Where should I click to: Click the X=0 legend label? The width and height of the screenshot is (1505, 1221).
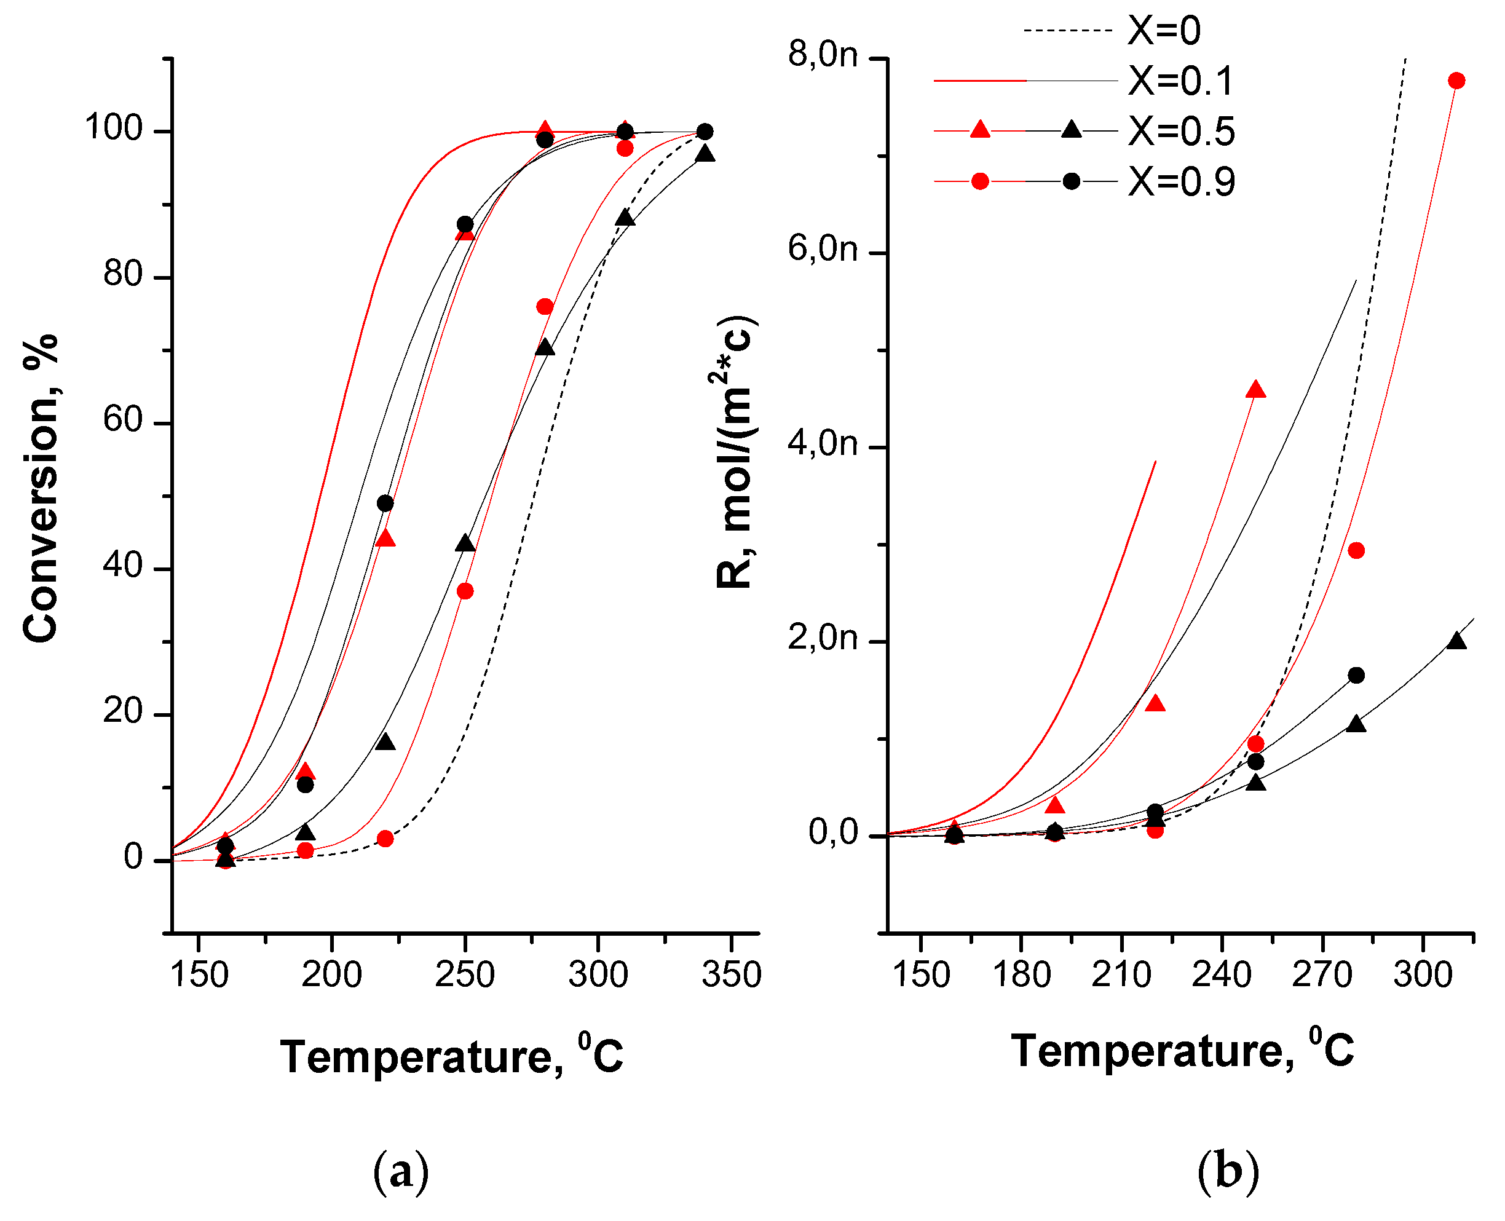(1164, 31)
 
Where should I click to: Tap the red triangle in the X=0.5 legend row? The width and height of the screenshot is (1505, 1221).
(979, 130)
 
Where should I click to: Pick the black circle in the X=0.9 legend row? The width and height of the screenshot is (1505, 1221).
(1071, 181)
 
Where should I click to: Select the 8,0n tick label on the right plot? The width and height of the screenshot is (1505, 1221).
(822, 54)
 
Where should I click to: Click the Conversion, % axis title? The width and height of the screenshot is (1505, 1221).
(40, 488)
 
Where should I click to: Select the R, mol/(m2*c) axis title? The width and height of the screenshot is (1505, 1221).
(734, 453)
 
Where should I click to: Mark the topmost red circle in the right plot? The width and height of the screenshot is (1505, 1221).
(1456, 81)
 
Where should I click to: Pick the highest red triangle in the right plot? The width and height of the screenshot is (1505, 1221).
(1255, 390)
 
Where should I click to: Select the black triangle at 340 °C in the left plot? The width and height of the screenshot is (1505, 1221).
(705, 155)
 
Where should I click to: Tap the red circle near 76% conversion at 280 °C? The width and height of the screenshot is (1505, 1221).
(544, 307)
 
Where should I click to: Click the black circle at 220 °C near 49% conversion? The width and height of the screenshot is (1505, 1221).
(385, 504)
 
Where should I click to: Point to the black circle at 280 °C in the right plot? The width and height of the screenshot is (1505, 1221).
(1356, 675)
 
